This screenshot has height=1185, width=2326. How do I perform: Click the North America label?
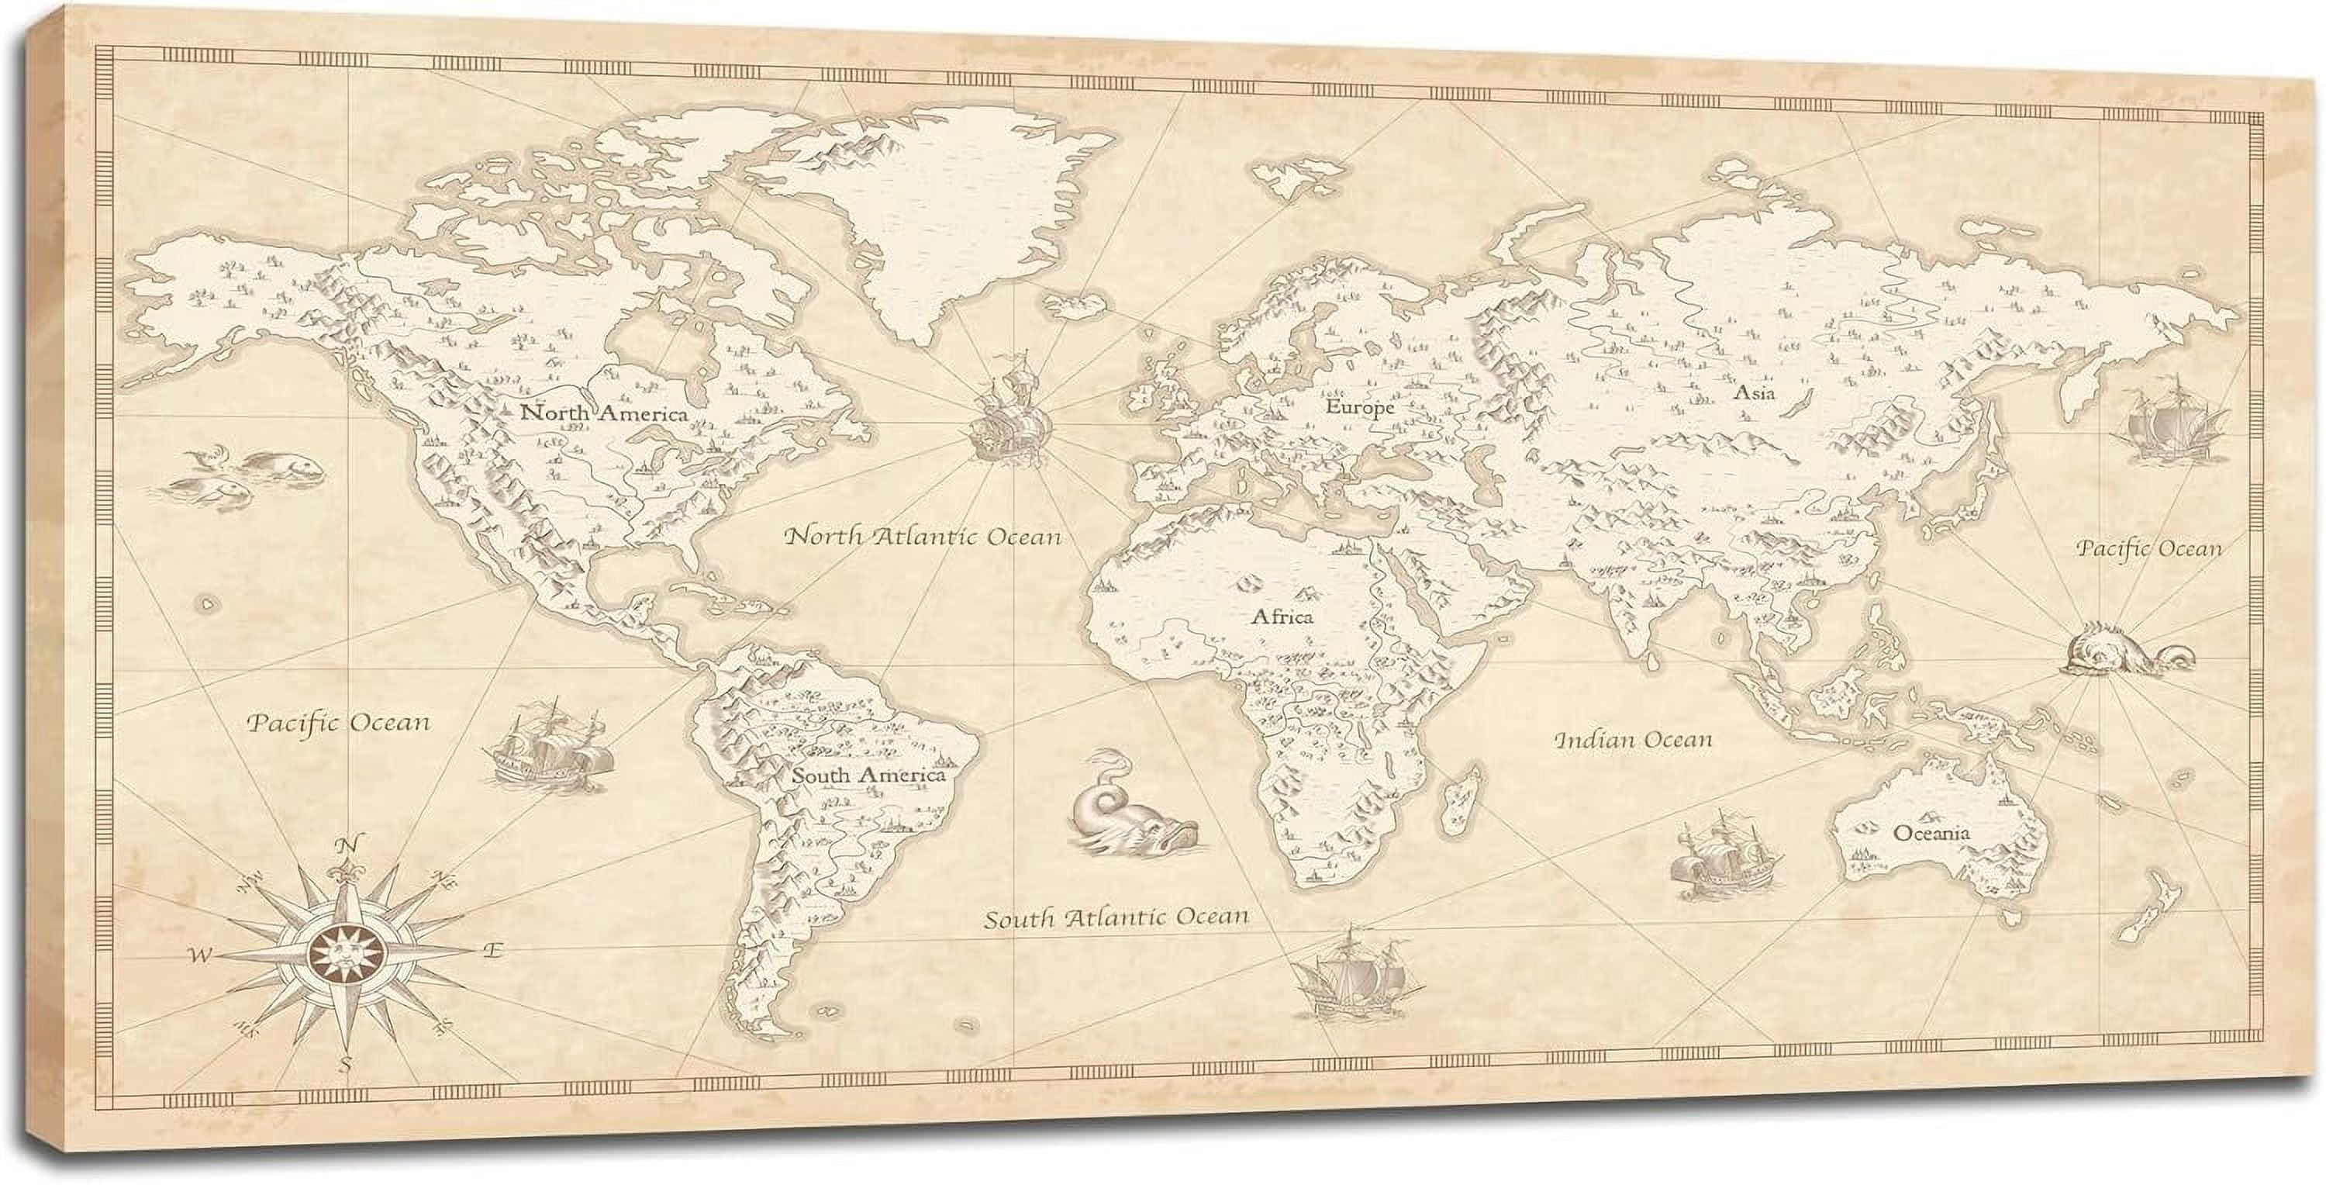click(603, 413)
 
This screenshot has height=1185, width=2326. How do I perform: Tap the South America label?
click(868, 775)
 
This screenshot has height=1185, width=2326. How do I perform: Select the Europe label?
click(1360, 407)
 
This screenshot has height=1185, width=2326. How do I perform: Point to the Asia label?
click(1754, 393)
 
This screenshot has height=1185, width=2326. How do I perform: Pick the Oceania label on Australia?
click(1931, 833)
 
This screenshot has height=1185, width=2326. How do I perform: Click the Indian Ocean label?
click(1633, 740)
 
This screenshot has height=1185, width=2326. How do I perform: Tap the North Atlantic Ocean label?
click(922, 537)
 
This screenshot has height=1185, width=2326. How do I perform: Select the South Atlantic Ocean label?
click(1116, 918)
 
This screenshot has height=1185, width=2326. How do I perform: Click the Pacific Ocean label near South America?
click(339, 723)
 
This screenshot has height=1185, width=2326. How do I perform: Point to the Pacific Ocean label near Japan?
click(2148, 548)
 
